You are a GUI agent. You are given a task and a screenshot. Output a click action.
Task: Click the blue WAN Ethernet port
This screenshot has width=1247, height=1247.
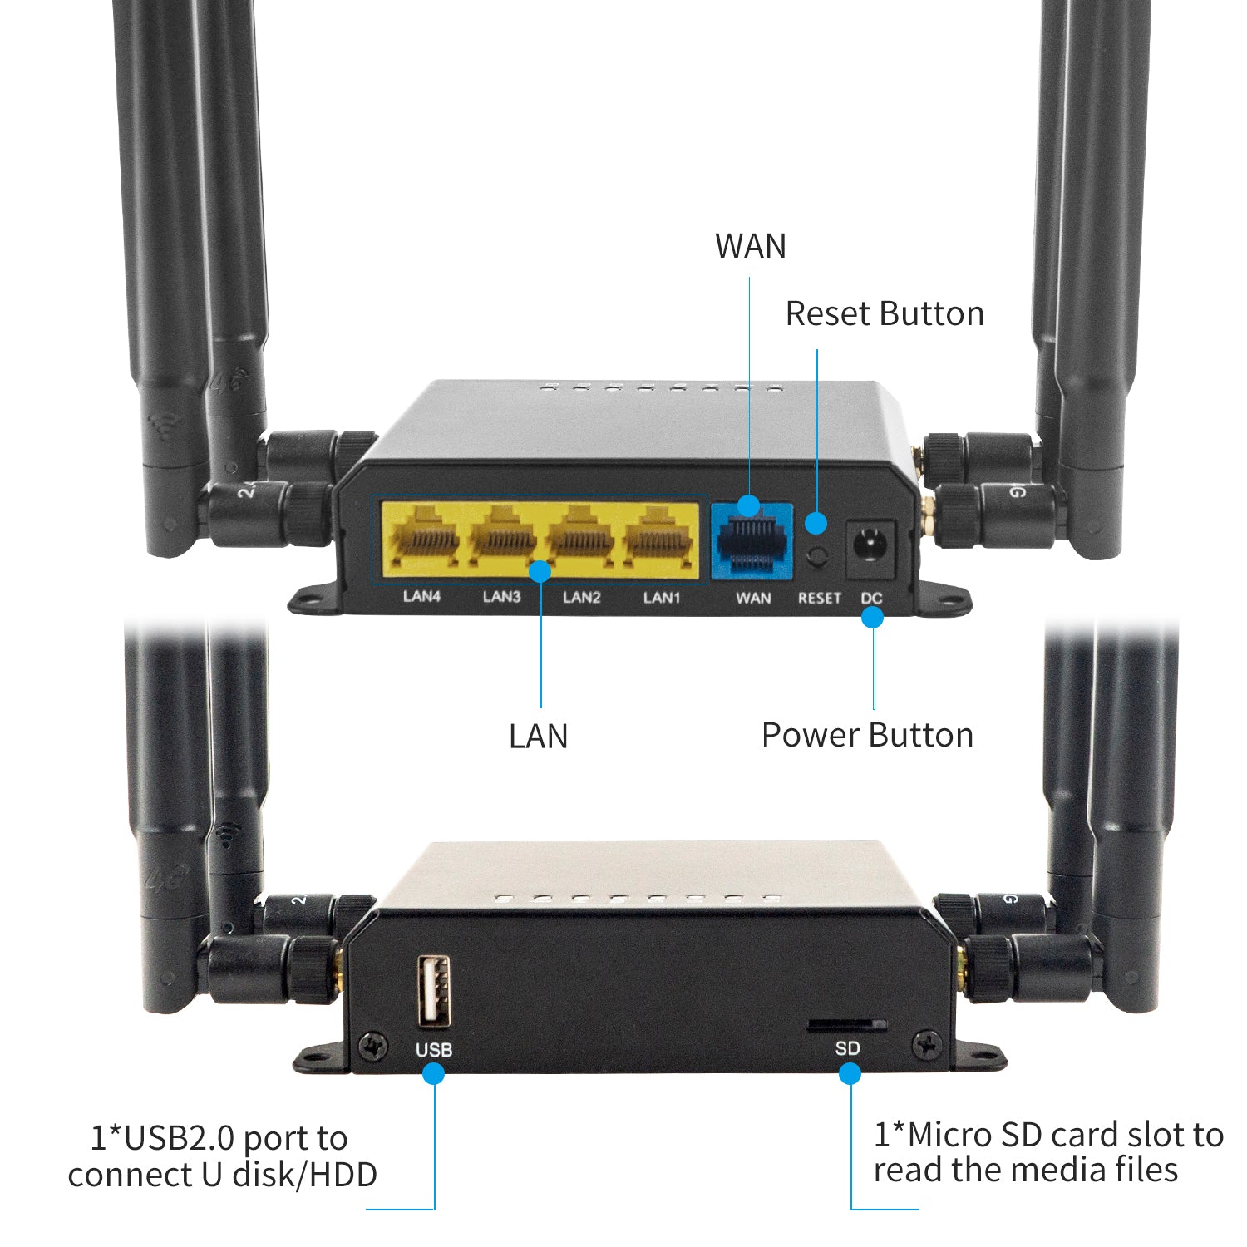pyautogui.click(x=752, y=545)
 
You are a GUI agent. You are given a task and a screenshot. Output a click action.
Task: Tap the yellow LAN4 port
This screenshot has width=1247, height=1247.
pyautogui.click(x=422, y=540)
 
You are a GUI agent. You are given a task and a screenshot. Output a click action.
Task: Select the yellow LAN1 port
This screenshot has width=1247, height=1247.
pyautogui.click(x=661, y=540)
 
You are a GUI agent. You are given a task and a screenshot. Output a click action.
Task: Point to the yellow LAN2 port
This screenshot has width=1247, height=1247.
pyautogui.click(x=582, y=540)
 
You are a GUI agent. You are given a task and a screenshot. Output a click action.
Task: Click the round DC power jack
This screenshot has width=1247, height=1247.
pyautogui.click(x=870, y=548)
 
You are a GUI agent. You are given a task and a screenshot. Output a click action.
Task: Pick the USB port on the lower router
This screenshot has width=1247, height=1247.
pyautogui.click(x=433, y=990)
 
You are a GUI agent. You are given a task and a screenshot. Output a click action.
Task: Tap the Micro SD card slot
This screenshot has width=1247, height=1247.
pyautogui.click(x=846, y=1026)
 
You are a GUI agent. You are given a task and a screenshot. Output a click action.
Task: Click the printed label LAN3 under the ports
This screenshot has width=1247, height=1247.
pyautogui.click(x=501, y=597)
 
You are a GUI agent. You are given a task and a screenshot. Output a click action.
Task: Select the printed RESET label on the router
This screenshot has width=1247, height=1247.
pyautogui.click(x=820, y=598)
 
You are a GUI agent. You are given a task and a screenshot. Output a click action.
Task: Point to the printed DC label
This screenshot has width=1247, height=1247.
pyautogui.click(x=871, y=598)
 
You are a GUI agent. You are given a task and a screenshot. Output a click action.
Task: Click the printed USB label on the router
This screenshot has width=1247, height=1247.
pyautogui.click(x=434, y=1050)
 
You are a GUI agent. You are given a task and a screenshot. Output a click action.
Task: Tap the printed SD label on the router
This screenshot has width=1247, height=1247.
pyautogui.click(x=847, y=1048)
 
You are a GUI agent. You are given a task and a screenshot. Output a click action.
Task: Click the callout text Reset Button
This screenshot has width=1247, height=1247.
pyautogui.click(x=885, y=314)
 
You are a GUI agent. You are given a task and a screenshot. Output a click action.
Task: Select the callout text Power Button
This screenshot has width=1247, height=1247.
pyautogui.click(x=867, y=736)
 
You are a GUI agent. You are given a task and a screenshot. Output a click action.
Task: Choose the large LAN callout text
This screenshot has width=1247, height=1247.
pyautogui.click(x=538, y=737)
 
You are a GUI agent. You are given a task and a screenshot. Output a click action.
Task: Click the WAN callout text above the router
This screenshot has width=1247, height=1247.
pyautogui.click(x=751, y=246)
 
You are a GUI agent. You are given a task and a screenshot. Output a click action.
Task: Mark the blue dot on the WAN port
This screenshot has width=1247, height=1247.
pyautogui.click(x=749, y=505)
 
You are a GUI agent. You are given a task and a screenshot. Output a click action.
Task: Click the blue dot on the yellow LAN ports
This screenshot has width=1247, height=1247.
pyautogui.click(x=540, y=571)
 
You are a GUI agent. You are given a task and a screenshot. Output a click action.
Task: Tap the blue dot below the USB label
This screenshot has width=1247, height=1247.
pyautogui.click(x=433, y=1073)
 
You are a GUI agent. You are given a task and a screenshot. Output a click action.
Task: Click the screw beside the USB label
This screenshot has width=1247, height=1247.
pyautogui.click(x=374, y=1046)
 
